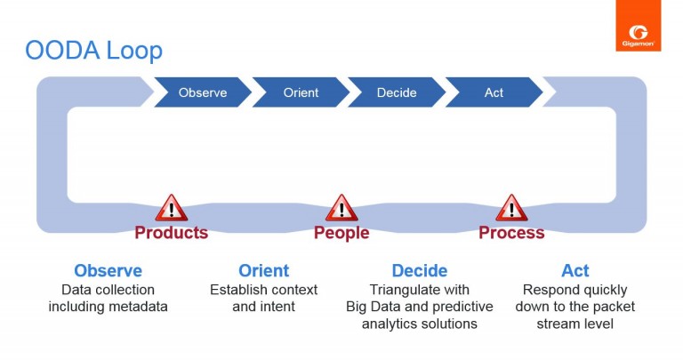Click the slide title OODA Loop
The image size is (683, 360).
[x=93, y=51]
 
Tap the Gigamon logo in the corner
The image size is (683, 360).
[x=638, y=26]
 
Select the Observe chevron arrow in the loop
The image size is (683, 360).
[x=202, y=92]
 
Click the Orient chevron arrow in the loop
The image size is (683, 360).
[x=301, y=92]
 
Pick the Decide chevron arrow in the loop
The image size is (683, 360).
[x=397, y=92]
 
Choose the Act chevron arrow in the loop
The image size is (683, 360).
[x=494, y=92]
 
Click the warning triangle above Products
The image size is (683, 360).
[x=171, y=209]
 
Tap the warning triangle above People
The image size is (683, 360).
[x=341, y=209]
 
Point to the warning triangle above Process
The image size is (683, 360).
[x=511, y=209]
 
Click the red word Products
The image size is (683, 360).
[x=171, y=233]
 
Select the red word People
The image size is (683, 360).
[x=341, y=233]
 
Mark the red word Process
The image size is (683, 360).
[x=511, y=233]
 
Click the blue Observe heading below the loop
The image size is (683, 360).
[x=108, y=271]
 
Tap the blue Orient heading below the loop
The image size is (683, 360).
[x=263, y=271]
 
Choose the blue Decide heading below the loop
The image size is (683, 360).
[x=419, y=271]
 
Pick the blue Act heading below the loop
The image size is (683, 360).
[x=575, y=271]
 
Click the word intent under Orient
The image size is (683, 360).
[x=277, y=307]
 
